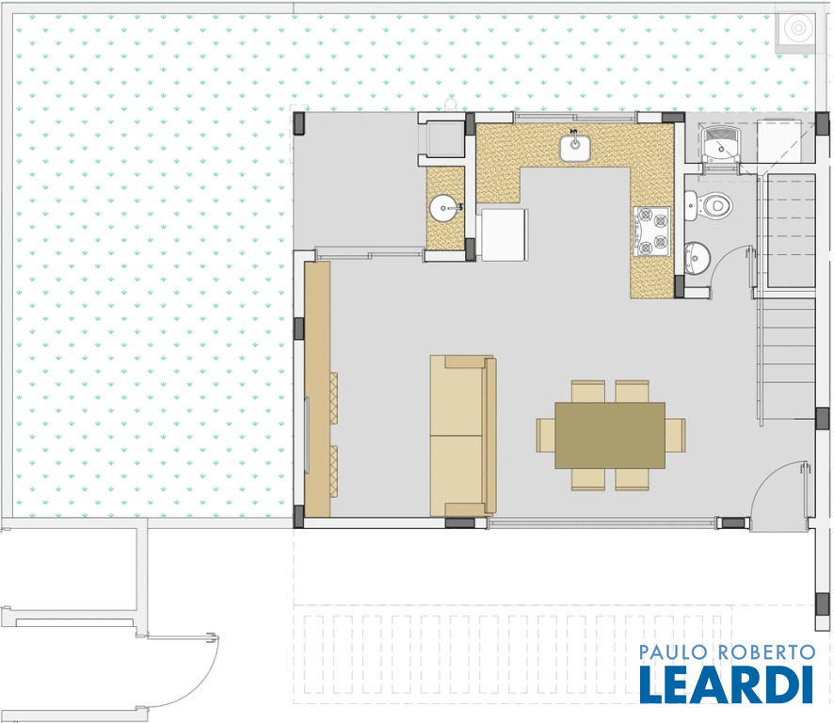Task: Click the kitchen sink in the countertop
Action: point(574,148)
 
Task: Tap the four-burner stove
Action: point(651,232)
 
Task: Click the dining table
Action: point(610,435)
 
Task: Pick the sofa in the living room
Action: point(463,436)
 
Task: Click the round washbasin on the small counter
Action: point(443,208)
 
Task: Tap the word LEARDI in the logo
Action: point(726,684)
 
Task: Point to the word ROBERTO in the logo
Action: point(766,651)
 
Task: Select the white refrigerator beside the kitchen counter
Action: point(505,234)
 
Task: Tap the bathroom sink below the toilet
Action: point(697,258)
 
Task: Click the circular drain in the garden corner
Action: point(798,27)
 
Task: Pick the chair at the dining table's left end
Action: point(546,435)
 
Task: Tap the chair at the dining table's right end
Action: point(675,435)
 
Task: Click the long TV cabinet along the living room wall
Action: point(317,389)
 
